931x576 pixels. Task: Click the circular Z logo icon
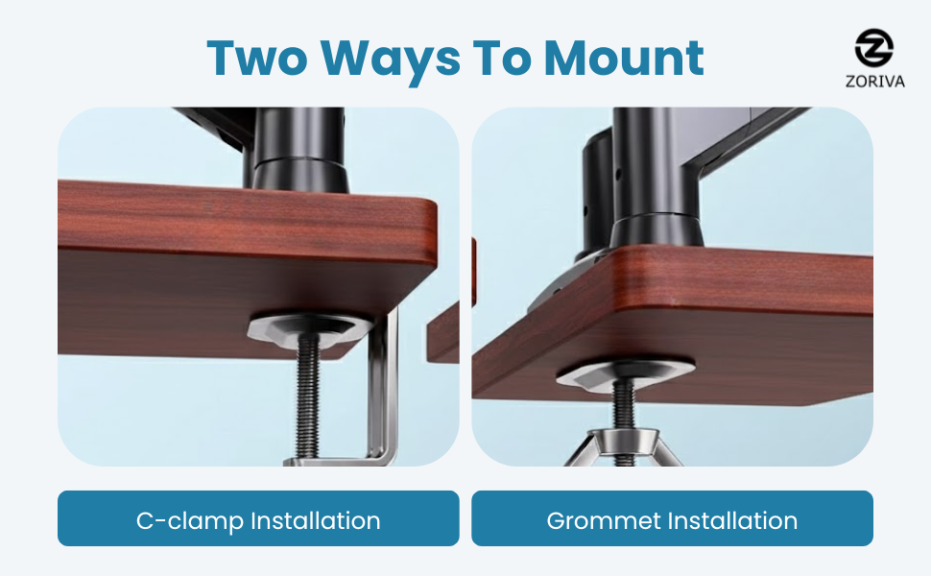(873, 48)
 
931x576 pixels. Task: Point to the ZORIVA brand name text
(874, 81)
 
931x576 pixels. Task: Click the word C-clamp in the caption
(190, 521)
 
